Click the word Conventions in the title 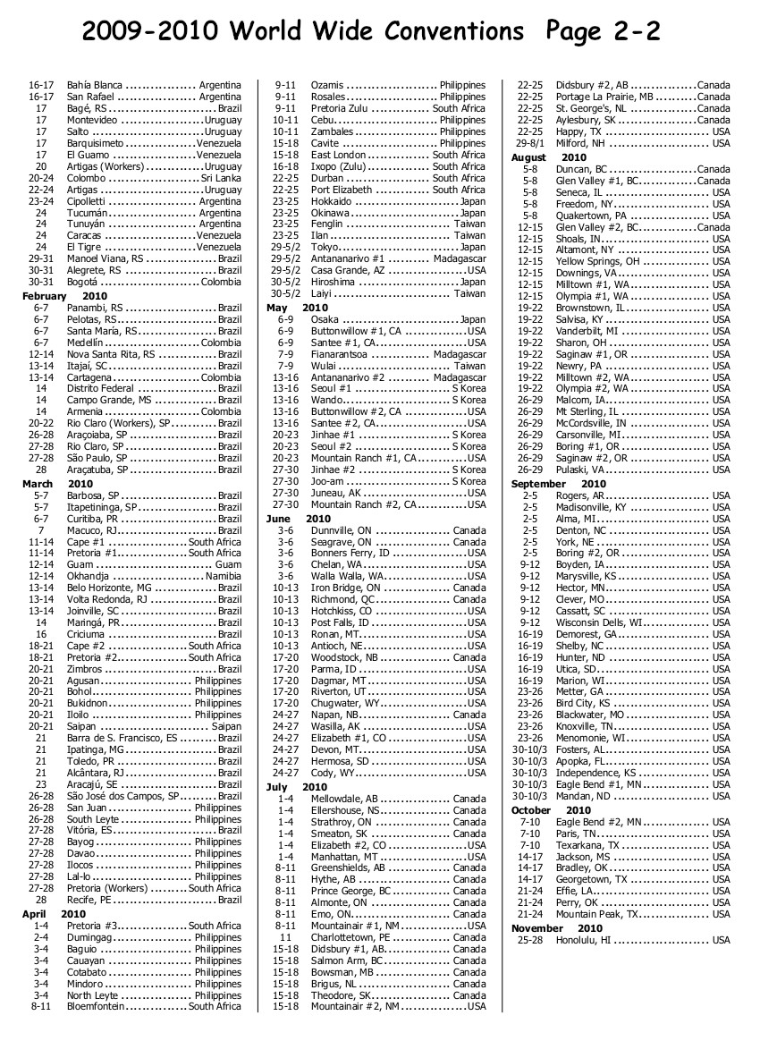452,32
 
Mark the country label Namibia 224,577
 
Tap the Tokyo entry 325,247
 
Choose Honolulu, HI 583,940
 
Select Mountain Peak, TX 597,914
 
